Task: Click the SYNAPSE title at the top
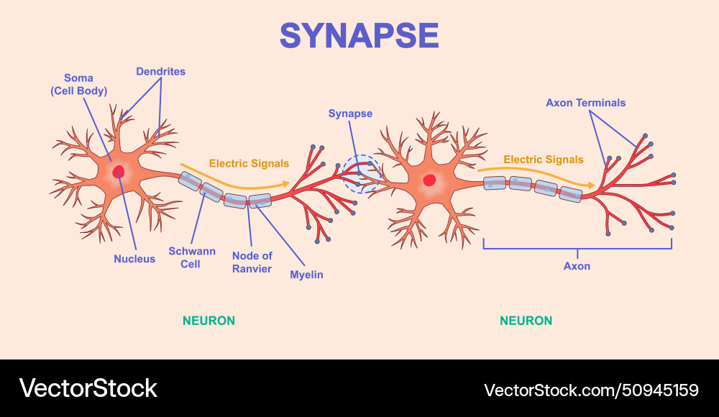[359, 35]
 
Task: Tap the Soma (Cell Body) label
[78, 84]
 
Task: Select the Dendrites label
[160, 71]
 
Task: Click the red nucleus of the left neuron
[117, 172]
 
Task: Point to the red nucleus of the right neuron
[429, 180]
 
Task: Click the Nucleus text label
[134, 259]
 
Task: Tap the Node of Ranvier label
[252, 262]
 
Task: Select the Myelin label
[306, 275]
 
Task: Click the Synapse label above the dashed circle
[350, 114]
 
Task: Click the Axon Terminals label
[585, 103]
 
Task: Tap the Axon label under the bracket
[577, 266]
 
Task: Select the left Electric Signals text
[249, 163]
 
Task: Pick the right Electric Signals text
[543, 160]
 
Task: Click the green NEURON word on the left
[209, 321]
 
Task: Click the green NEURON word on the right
[526, 321]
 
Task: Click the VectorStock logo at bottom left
[88, 389]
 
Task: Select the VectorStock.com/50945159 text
[591, 390]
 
